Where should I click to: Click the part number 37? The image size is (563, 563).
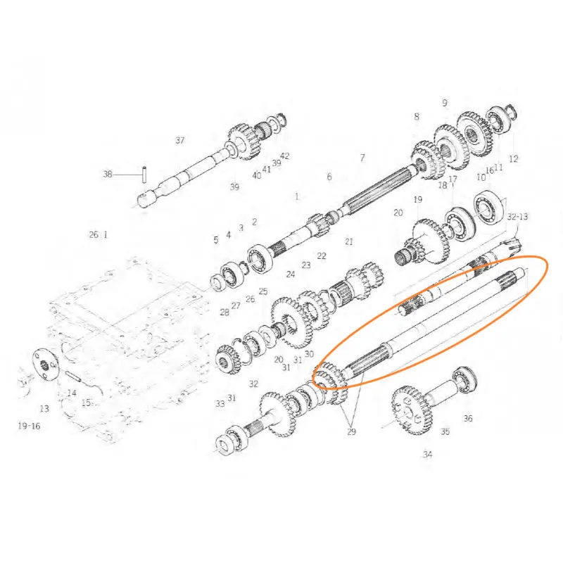(x=180, y=140)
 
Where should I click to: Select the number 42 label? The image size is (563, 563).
(x=285, y=156)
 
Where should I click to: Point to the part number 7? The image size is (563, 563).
(x=362, y=158)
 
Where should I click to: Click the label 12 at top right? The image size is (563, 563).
(x=514, y=159)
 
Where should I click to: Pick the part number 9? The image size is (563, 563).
(x=445, y=103)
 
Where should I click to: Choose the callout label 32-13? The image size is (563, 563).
(x=518, y=217)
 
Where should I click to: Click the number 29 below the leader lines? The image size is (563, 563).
(x=351, y=431)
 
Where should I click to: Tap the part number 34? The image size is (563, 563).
(x=427, y=455)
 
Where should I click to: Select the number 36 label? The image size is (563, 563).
(x=468, y=418)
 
